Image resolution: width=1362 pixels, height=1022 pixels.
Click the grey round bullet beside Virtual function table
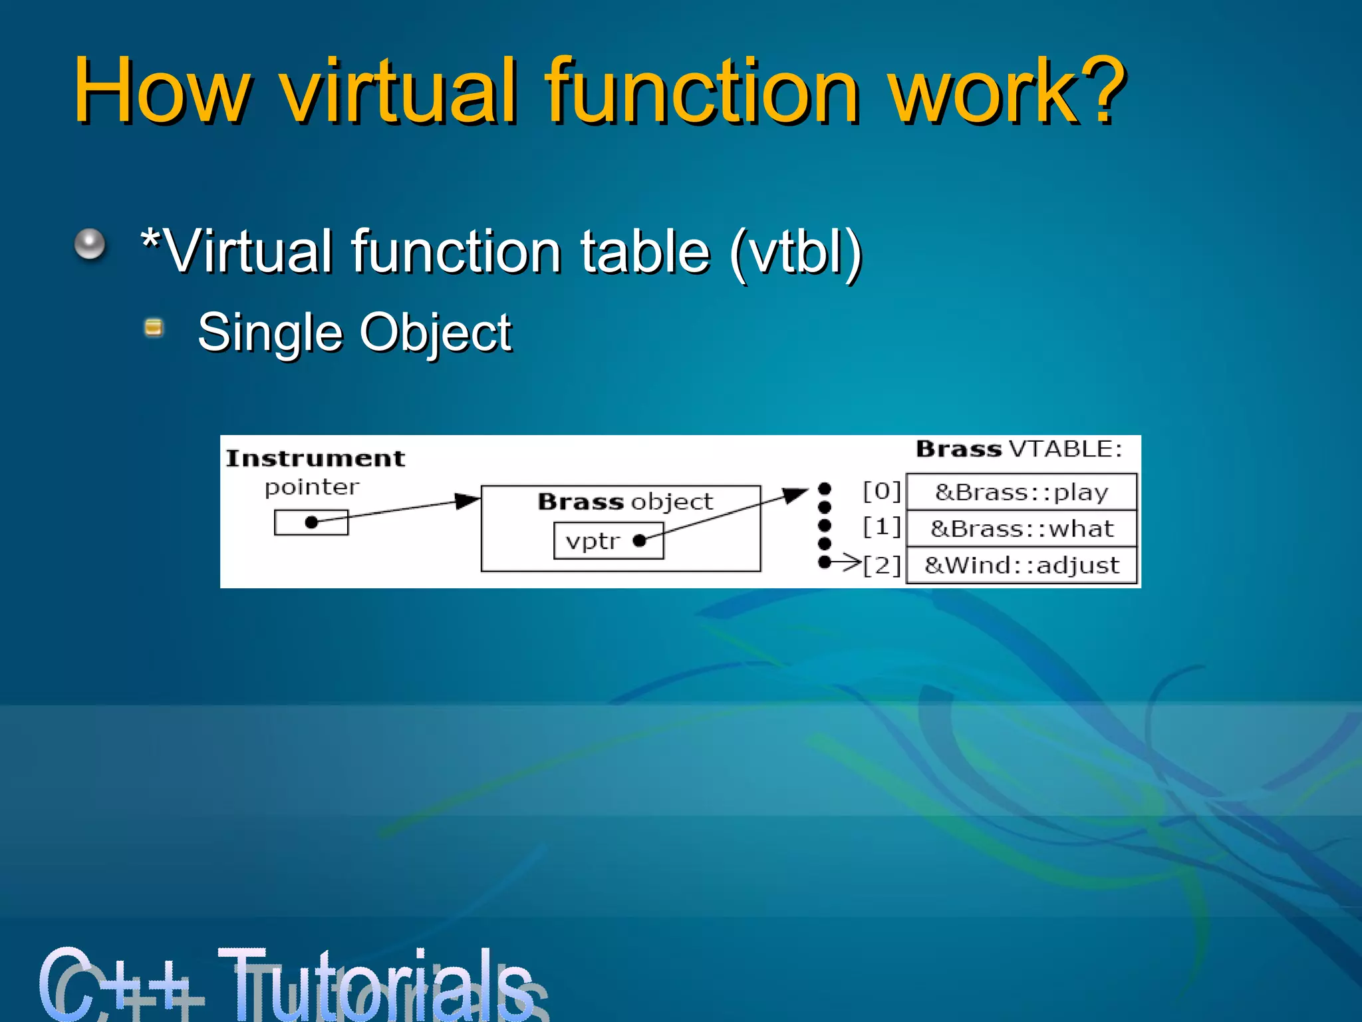tap(90, 244)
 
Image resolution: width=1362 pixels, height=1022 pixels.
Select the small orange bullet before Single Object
tap(154, 327)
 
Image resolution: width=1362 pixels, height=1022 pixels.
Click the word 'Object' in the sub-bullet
tap(436, 332)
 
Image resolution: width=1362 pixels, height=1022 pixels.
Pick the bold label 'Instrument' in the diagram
tap(315, 458)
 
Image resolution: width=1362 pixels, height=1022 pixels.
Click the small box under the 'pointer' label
tap(311, 522)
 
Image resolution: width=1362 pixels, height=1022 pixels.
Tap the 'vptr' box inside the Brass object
tap(609, 541)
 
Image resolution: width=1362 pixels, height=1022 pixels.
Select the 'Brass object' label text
tap(625, 502)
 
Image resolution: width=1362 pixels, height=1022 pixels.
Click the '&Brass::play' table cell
tap(1021, 492)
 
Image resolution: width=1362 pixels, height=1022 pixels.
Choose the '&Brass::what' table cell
tap(1021, 529)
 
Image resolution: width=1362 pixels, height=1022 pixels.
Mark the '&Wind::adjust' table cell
tap(1021, 566)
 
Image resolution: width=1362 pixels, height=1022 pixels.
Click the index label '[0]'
tap(881, 492)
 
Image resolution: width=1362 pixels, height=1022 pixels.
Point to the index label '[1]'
tap(881, 528)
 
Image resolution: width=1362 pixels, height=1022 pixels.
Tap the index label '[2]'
tap(881, 566)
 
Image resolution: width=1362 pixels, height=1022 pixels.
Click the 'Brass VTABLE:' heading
tap(1019, 449)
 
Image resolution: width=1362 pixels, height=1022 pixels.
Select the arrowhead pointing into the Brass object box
tap(468, 500)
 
